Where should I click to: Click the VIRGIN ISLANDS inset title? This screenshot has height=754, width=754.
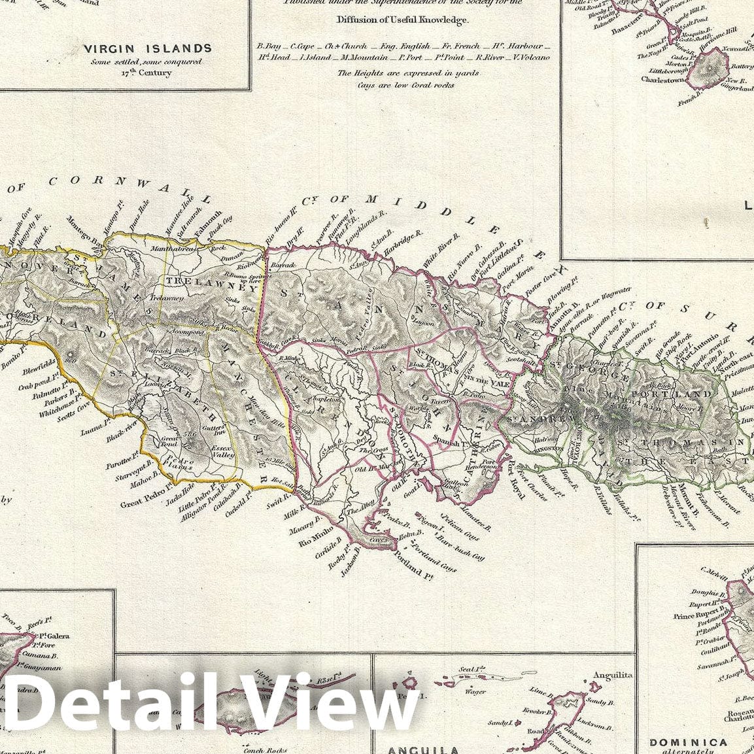(147, 48)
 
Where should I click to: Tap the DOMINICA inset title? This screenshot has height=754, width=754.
(688, 742)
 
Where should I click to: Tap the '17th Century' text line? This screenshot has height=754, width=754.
(146, 73)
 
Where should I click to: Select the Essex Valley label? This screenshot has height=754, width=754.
(222, 452)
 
